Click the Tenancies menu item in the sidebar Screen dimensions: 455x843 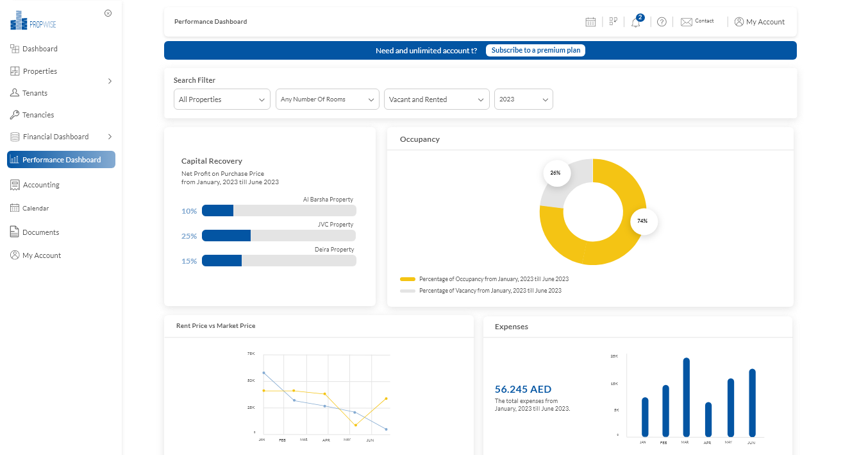pos(38,115)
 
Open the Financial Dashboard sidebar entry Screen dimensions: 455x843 pos(55,137)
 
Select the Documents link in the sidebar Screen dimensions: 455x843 pos(40,232)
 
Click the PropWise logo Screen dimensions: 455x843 pos(33,21)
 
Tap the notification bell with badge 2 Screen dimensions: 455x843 pos(635,22)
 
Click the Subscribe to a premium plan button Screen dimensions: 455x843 pos(535,50)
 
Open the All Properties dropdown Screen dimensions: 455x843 pos(222,99)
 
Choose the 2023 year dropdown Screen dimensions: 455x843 pos(523,99)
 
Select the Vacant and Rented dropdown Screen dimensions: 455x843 pos(436,99)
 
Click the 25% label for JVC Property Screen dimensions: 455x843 pos(189,236)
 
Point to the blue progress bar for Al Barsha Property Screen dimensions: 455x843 pos(217,210)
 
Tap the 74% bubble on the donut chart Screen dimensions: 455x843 pos(642,221)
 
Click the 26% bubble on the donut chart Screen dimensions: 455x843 pos(555,173)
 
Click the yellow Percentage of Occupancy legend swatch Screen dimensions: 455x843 pos(408,279)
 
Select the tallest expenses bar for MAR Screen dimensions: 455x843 pos(686,397)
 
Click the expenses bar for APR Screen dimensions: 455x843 pos(708,419)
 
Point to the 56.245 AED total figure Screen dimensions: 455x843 pos(522,389)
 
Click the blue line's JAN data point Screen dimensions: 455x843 pos(263,373)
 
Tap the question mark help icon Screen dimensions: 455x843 pos(662,22)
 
